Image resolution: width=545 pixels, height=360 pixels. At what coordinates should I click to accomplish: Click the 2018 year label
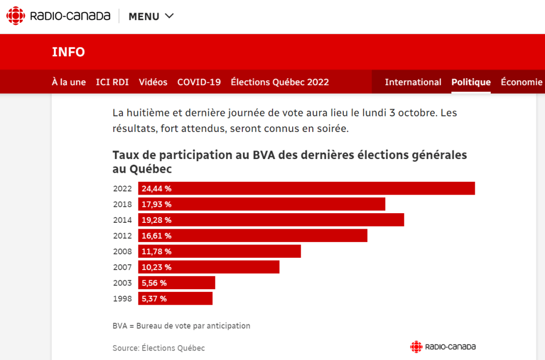[122, 204]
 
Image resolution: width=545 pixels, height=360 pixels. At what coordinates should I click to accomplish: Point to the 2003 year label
[122, 283]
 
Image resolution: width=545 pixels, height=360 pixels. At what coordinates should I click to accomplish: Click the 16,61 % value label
[156, 236]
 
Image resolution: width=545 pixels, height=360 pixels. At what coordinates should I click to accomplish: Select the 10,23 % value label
[156, 267]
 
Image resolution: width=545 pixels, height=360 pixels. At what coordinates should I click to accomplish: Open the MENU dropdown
[151, 16]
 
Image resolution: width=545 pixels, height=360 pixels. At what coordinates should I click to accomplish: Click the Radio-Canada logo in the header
[59, 16]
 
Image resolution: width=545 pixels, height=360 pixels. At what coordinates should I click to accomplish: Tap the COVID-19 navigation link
[199, 82]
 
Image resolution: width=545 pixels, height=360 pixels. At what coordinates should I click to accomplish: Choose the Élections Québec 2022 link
[279, 82]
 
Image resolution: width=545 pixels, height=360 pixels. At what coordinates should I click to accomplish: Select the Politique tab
[471, 82]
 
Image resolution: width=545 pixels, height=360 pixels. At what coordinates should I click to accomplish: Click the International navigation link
[413, 82]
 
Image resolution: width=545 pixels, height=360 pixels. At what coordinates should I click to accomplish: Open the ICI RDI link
[112, 82]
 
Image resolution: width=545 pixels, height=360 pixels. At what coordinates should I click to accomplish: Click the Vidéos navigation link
[153, 82]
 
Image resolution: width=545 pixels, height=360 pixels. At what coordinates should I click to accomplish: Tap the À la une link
[69, 82]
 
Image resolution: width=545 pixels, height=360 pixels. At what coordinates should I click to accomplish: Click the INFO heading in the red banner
[69, 52]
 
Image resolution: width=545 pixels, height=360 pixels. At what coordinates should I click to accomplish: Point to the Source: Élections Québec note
[159, 348]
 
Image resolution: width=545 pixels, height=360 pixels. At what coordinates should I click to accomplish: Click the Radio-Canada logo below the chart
[443, 347]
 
